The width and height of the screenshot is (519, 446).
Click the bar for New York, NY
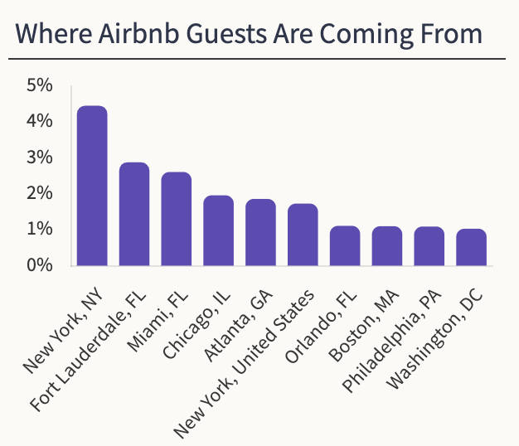[92, 186]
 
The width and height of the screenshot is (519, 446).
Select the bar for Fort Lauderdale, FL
[134, 214]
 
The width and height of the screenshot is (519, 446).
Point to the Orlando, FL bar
[345, 245]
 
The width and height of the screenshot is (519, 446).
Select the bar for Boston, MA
[387, 245]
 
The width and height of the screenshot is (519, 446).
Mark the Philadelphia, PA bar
[429, 246]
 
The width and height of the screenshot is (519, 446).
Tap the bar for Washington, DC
[471, 247]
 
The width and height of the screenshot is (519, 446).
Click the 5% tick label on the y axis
[39, 85]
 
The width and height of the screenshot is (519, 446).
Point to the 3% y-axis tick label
[39, 158]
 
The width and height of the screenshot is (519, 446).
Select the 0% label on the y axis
[39, 265]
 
